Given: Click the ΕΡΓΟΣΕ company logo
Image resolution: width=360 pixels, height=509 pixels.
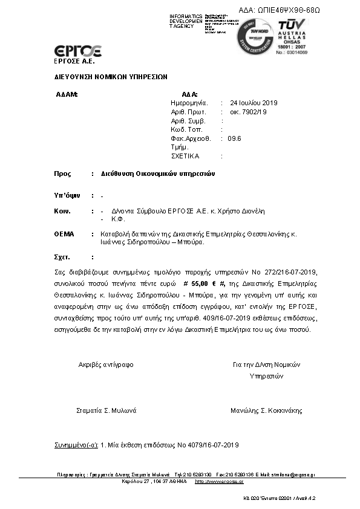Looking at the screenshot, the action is [78, 51].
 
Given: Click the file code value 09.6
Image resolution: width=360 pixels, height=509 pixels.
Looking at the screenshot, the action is [235, 138].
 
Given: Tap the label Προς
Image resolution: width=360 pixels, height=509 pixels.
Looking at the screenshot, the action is [62, 173].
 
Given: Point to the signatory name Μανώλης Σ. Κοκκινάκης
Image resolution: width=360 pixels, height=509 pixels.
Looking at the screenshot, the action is [266, 410].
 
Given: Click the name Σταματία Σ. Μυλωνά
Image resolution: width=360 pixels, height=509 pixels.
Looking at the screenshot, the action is [106, 410].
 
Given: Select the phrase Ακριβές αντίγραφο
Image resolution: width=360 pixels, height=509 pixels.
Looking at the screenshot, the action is [106, 365].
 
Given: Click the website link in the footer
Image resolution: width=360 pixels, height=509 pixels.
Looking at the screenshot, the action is [219, 482].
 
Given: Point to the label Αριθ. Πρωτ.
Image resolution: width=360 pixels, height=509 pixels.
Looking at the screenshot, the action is [189, 112].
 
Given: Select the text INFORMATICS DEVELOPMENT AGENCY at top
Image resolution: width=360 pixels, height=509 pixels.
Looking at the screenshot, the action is [186, 21].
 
